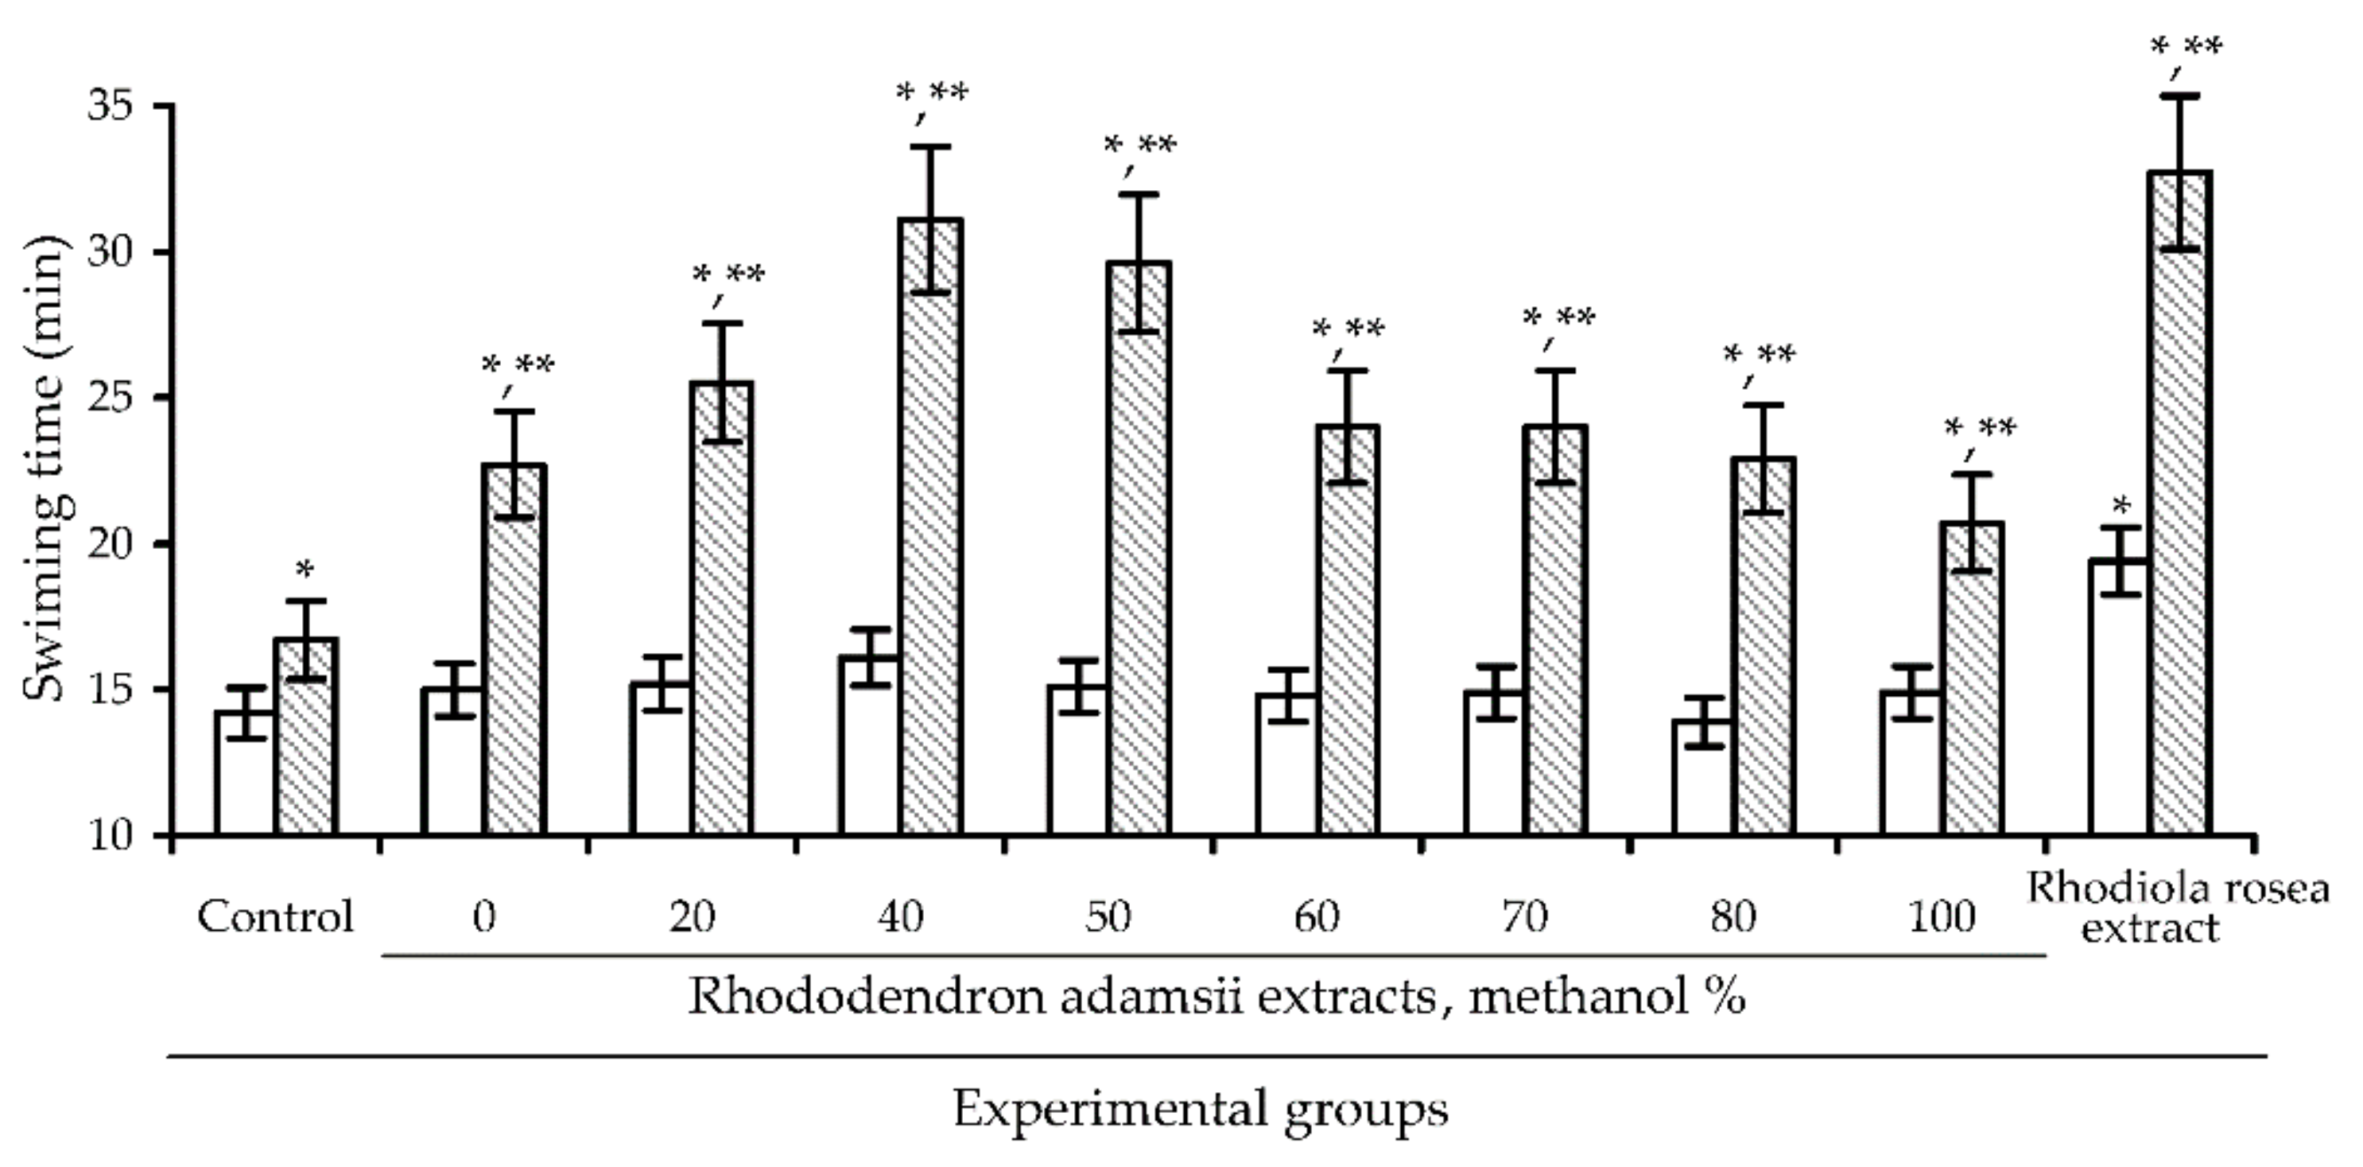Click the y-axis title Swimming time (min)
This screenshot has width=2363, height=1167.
click(44, 468)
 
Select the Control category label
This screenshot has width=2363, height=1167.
click(275, 916)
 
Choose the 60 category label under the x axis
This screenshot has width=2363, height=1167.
click(1317, 916)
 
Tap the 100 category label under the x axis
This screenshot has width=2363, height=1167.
click(1941, 916)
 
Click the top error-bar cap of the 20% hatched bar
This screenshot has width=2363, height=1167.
click(722, 323)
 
